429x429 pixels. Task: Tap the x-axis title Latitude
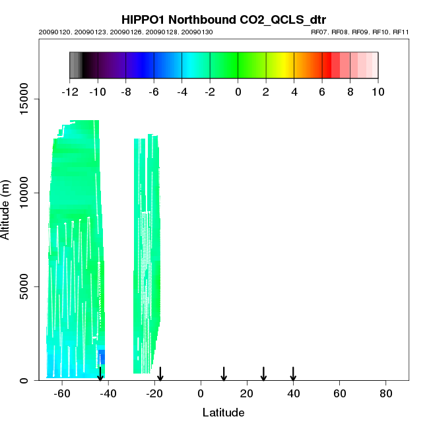click(x=223, y=412)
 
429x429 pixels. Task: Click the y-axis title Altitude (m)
click(x=7, y=209)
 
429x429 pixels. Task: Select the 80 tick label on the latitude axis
click(x=386, y=393)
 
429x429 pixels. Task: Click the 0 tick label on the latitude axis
click(x=201, y=393)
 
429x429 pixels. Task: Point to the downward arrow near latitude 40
click(x=293, y=374)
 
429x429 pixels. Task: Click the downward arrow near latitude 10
click(x=224, y=374)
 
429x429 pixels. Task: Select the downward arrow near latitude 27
click(x=263, y=374)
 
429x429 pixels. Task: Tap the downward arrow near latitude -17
click(x=160, y=374)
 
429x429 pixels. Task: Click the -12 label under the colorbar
click(x=69, y=92)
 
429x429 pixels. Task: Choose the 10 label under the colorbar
click(x=378, y=92)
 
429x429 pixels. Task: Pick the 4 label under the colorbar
click(x=294, y=92)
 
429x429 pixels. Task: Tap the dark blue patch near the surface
click(x=101, y=357)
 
